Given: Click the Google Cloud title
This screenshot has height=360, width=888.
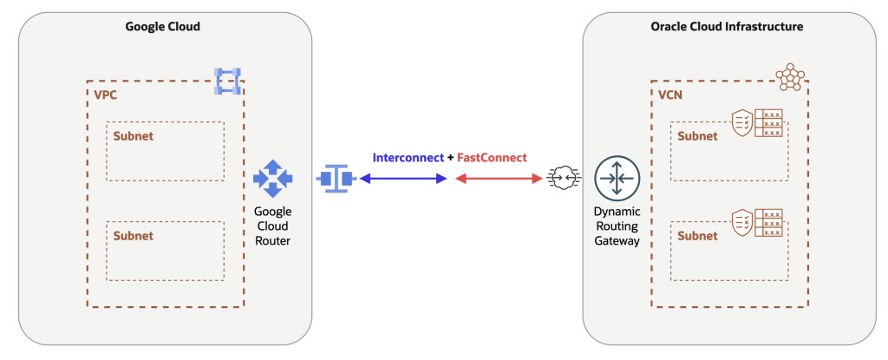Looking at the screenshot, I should tap(164, 27).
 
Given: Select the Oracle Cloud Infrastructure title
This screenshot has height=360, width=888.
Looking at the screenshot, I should tap(727, 27).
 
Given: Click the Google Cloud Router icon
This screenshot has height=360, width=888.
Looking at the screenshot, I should tap(272, 179).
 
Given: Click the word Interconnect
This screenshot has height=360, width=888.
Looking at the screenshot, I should tap(408, 158).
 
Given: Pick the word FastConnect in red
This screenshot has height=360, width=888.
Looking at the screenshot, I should tap(492, 158).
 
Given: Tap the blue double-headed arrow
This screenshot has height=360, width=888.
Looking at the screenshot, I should tap(403, 179).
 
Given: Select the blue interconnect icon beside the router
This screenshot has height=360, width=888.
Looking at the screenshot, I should tap(335, 179).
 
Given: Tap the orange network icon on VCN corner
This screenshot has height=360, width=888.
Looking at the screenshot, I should tap(790, 78).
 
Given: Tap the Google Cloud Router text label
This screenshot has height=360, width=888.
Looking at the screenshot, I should tap(272, 226).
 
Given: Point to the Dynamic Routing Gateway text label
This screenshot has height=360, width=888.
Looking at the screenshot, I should tap(616, 226).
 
